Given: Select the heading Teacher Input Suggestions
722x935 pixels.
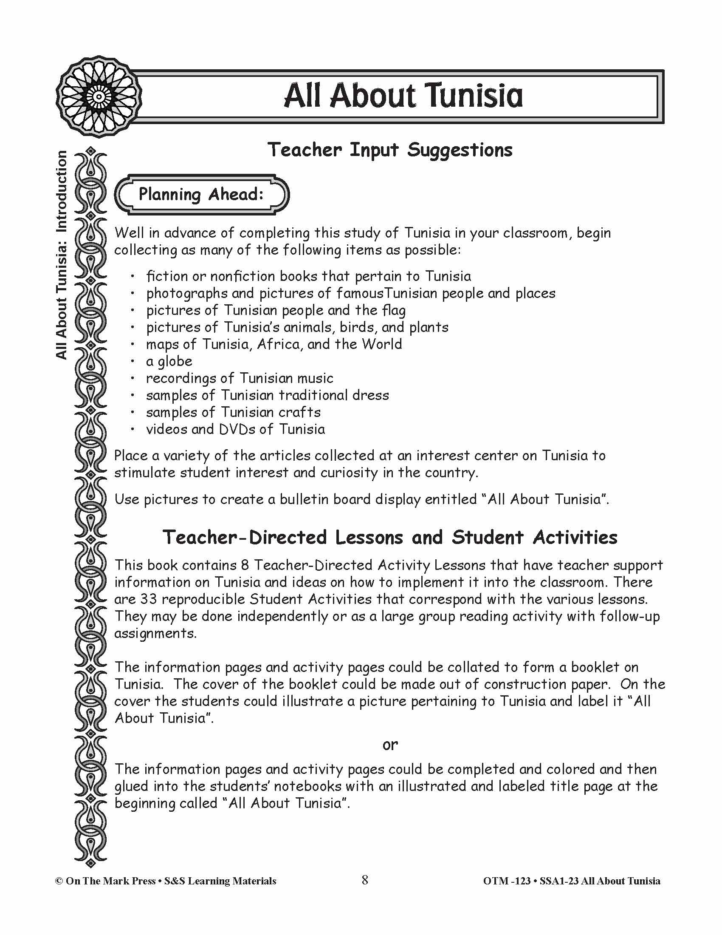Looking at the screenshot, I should click(389, 150).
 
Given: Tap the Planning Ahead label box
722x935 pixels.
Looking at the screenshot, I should click(201, 195).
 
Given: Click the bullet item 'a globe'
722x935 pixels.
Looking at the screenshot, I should click(169, 361).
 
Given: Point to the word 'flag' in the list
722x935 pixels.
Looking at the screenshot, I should click(394, 310).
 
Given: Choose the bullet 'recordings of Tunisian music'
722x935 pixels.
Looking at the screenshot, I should click(240, 378).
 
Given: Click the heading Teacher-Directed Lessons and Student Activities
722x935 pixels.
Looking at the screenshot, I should click(389, 538).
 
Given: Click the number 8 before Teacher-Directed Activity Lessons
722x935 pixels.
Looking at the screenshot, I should click(245, 565).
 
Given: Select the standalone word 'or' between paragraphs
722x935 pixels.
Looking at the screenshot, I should click(389, 745).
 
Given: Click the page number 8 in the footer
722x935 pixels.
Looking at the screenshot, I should click(364, 880).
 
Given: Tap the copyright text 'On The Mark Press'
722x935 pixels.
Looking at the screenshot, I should click(110, 881).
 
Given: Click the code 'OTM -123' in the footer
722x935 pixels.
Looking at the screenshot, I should click(506, 881).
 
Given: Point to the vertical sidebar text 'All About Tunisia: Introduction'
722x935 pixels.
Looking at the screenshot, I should click(62, 255).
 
